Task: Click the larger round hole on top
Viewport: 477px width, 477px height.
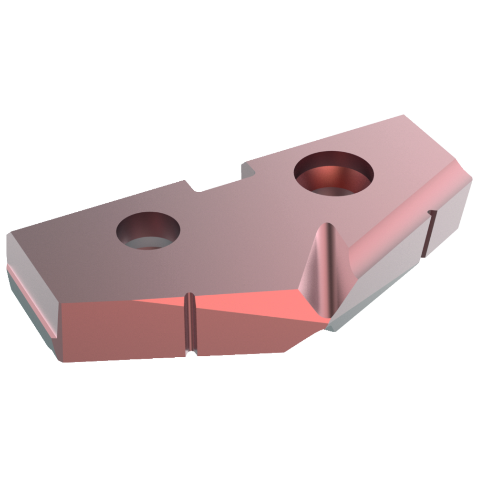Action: click(x=334, y=173)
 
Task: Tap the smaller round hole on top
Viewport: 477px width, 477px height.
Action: click(x=149, y=230)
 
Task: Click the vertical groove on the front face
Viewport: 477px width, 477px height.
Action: click(x=190, y=324)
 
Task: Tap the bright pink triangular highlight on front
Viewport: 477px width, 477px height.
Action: click(x=248, y=305)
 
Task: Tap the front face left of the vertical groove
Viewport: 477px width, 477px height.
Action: click(x=124, y=329)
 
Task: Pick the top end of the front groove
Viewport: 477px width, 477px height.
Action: click(x=189, y=296)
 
